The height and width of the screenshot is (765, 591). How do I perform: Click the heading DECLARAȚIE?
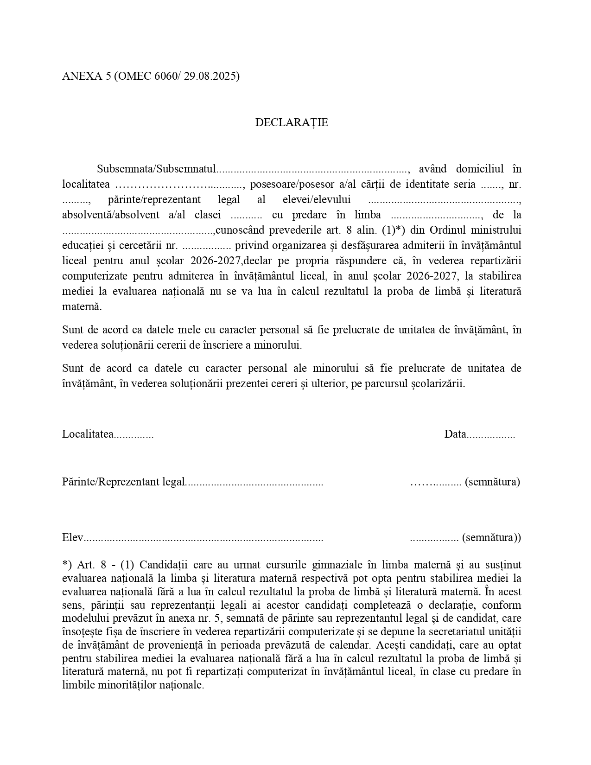[292, 122]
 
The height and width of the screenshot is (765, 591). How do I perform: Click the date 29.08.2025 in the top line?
[211, 76]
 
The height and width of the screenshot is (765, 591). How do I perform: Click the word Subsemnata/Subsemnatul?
[157, 169]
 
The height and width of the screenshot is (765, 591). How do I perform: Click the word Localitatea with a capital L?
[88, 434]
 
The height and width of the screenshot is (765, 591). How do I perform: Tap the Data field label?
[455, 434]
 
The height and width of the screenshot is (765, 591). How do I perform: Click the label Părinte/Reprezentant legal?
[123, 482]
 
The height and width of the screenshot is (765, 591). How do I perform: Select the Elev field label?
[72, 537]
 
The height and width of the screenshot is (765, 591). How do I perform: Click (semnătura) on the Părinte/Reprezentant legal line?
[492, 482]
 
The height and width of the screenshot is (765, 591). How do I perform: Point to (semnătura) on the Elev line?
[491, 537]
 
